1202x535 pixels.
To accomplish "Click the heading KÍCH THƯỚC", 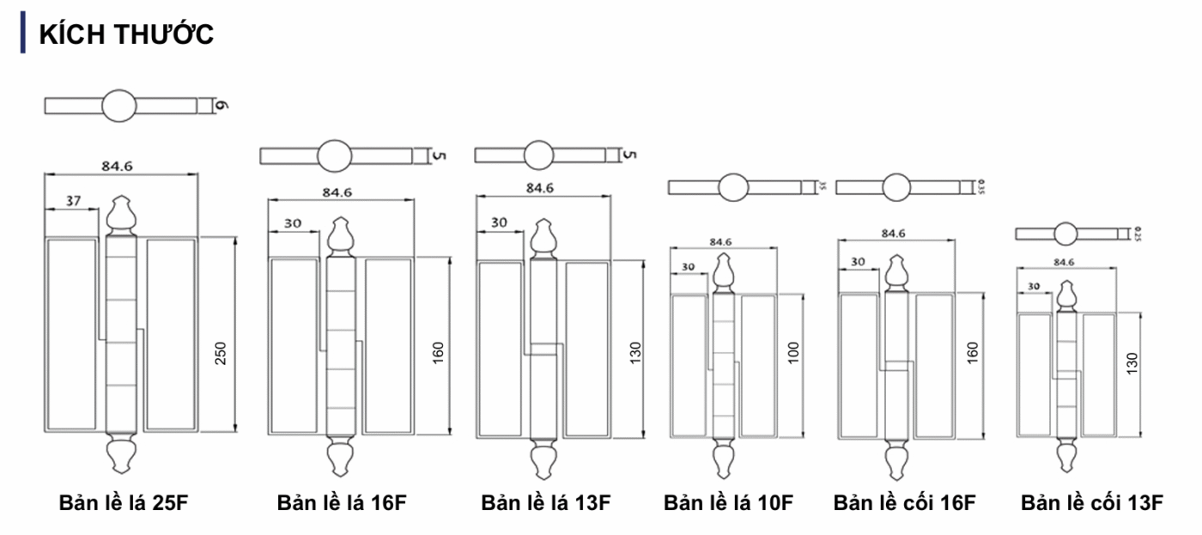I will [x=126, y=34].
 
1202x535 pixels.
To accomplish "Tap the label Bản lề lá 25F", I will [x=123, y=502].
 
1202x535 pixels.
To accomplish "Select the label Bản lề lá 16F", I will [x=341, y=502].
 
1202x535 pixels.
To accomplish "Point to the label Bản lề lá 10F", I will [x=728, y=502].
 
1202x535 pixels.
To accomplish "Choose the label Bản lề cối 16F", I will [x=904, y=502].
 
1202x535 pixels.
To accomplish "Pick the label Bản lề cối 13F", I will [x=1091, y=502].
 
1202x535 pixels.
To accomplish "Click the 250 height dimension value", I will [x=221, y=352].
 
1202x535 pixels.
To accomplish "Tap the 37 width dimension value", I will [x=73, y=200].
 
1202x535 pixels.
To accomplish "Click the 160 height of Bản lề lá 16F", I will [x=438, y=352].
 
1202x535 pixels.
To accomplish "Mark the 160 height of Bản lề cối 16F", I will [x=973, y=352].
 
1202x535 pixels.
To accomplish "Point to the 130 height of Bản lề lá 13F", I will [x=636, y=352].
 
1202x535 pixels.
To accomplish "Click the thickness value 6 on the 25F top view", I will [x=221, y=106].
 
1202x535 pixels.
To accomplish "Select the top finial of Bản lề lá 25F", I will [x=120, y=215].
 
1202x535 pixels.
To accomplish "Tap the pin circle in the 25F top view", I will [x=119, y=106].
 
